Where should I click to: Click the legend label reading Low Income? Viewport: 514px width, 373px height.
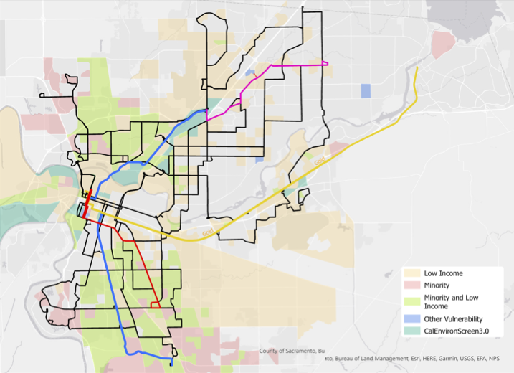443,273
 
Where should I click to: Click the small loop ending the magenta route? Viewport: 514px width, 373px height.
325,64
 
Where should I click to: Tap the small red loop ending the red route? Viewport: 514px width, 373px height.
155,304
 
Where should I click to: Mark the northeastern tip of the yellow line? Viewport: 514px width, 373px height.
417,67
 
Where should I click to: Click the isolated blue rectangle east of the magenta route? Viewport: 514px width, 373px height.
366,91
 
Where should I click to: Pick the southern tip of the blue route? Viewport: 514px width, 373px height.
171,364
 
